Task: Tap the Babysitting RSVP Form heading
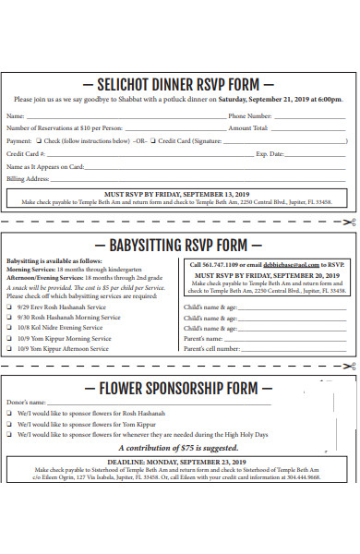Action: click(179, 245)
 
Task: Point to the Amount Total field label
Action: click(248, 128)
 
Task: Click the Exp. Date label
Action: click(270, 153)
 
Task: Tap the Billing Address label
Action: click(28, 178)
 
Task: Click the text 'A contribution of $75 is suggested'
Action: click(179, 447)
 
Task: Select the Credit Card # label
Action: click(26, 153)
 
